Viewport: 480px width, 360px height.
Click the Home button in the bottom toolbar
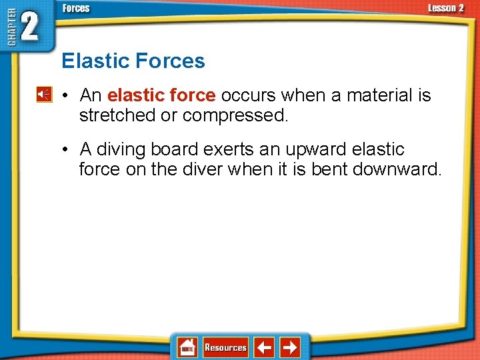pyautogui.click(x=187, y=347)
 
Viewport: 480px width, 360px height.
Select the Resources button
pyautogui.click(x=225, y=347)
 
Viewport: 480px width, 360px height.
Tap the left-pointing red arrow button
pyautogui.click(x=265, y=347)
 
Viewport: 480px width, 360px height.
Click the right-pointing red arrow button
pyautogui.click(x=289, y=347)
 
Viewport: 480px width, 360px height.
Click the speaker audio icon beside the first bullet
pyautogui.click(x=43, y=95)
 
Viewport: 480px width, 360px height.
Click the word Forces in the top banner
pyautogui.click(x=75, y=9)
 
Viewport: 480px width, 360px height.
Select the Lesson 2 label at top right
pyautogui.click(x=445, y=9)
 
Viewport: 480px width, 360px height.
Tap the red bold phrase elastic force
pyautogui.click(x=161, y=95)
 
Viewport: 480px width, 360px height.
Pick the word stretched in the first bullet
pyautogui.click(x=117, y=115)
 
